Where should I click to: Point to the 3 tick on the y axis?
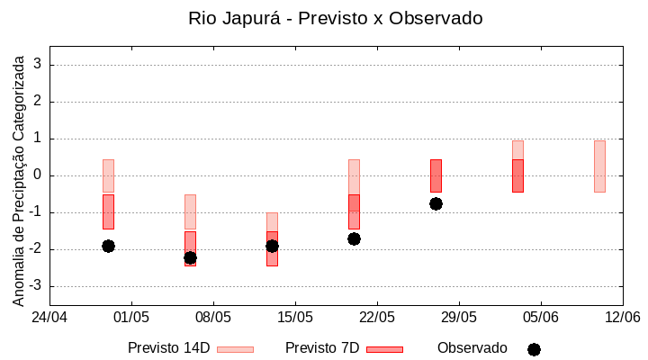point(39,65)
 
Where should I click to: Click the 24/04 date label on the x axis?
point(49,317)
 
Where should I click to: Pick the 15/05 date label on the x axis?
point(295,317)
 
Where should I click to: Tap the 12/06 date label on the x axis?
point(622,317)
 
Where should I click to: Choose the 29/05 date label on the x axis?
point(459,317)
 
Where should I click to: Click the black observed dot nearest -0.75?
point(436,203)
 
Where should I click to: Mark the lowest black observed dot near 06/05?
point(190,258)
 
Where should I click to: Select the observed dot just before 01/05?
point(108,246)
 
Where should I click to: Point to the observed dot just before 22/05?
point(354,238)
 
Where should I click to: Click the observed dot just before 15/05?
point(272,246)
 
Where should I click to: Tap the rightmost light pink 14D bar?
point(599,166)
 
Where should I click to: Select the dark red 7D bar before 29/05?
point(436,175)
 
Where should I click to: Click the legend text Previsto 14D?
point(168,348)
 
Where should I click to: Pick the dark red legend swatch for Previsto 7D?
point(384,349)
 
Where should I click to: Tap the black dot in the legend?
point(534,349)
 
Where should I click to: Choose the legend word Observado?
point(472,348)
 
